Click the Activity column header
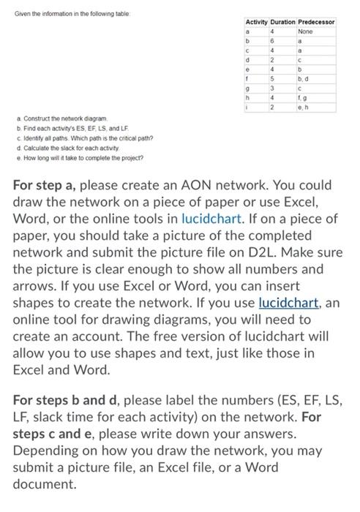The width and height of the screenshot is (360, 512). pyautogui.click(x=255, y=23)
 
